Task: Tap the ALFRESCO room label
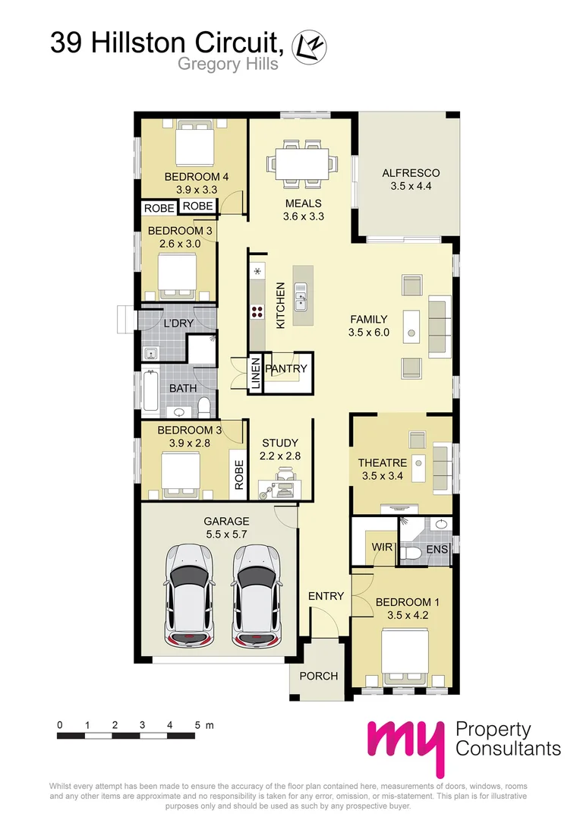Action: [410, 173]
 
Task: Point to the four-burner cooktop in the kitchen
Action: [257, 310]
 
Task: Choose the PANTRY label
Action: [287, 369]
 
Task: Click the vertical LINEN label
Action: [256, 374]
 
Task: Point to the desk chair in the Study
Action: [285, 477]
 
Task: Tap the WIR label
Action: [380, 547]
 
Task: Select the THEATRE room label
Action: [383, 462]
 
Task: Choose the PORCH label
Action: [318, 676]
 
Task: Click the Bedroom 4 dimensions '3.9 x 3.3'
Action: [191, 190]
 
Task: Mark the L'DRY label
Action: [179, 323]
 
